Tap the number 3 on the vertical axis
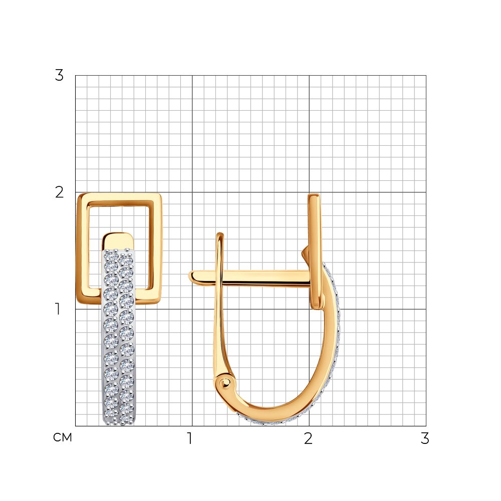[x=59, y=76]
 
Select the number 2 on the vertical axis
[x=59, y=192]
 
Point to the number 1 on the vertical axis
[x=58, y=309]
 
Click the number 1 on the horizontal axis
[x=190, y=438]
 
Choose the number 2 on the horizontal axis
[x=308, y=438]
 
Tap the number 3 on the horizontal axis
[x=425, y=438]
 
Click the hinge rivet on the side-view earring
[x=225, y=382]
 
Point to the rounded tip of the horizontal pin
[x=192, y=277]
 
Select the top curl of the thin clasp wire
[x=219, y=236]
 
